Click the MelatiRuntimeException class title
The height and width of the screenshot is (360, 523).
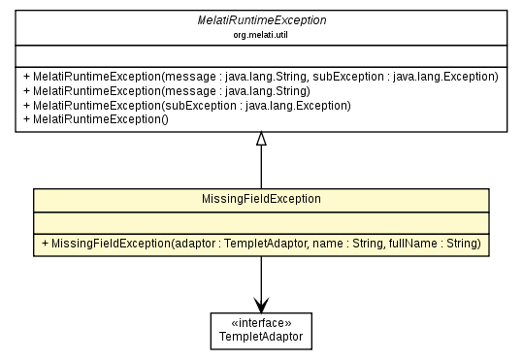pos(260,19)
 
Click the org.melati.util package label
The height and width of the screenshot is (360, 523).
pos(260,33)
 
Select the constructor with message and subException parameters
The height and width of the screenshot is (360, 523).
pos(263,76)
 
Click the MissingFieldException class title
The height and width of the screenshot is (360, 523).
pos(260,199)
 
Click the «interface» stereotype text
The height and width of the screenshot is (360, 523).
pos(260,323)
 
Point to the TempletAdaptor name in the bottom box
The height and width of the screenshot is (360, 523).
pos(260,337)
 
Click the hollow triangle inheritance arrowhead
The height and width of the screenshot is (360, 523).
pos(260,140)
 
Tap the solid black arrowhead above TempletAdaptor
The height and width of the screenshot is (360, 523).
pos(260,304)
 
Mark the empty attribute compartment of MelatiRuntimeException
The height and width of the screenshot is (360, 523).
pos(260,54)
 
